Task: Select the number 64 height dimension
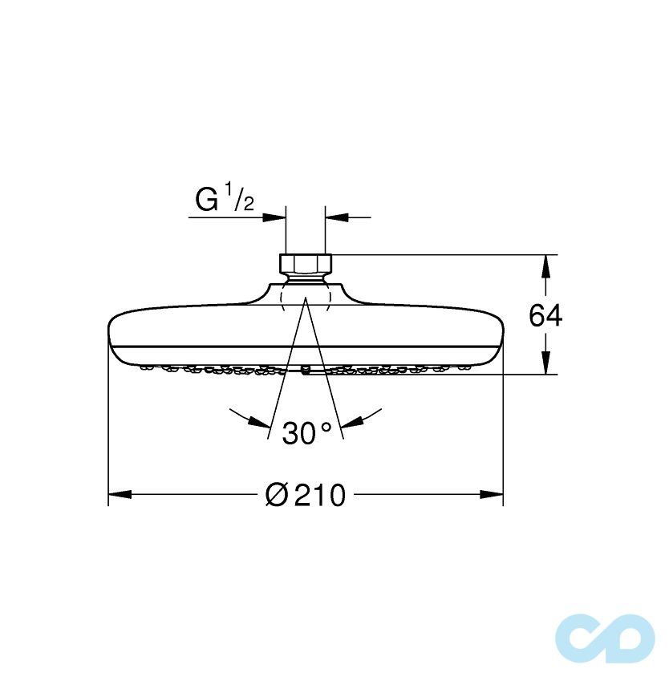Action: pyautogui.click(x=545, y=316)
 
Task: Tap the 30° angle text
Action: pyautogui.click(x=306, y=433)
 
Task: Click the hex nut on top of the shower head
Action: pyautogui.click(x=306, y=263)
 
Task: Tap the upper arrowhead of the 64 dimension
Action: pyautogui.click(x=545, y=265)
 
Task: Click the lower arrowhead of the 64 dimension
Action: pyautogui.click(x=545, y=365)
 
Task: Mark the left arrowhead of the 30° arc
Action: pyautogui.click(x=257, y=423)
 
